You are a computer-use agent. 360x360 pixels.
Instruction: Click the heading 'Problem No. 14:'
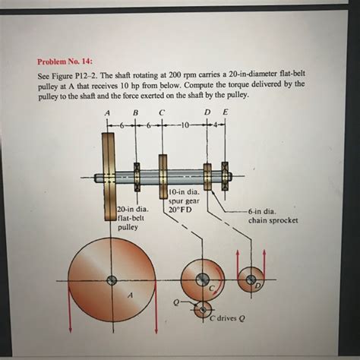click(65, 62)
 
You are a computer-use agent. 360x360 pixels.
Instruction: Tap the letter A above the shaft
click(108, 113)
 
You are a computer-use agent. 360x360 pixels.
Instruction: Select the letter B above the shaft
click(136, 112)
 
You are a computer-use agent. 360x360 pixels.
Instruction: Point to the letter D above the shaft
click(207, 112)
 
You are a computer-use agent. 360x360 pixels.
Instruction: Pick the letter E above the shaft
click(225, 112)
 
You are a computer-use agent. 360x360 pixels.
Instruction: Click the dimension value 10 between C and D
click(185, 125)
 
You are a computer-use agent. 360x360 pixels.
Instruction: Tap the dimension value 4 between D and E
click(216, 125)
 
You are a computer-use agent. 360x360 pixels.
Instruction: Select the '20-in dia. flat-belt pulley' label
click(133, 219)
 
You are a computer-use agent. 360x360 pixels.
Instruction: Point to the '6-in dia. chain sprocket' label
click(273, 216)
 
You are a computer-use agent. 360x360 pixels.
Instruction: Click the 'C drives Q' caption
click(227, 318)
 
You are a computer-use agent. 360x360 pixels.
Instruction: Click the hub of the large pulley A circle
click(112, 280)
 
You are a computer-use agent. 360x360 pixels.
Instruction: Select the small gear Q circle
click(203, 310)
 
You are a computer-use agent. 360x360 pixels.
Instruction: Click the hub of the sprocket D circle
click(251, 279)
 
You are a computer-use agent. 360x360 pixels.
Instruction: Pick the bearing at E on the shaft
click(225, 176)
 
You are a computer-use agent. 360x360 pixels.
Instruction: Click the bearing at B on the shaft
click(137, 177)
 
